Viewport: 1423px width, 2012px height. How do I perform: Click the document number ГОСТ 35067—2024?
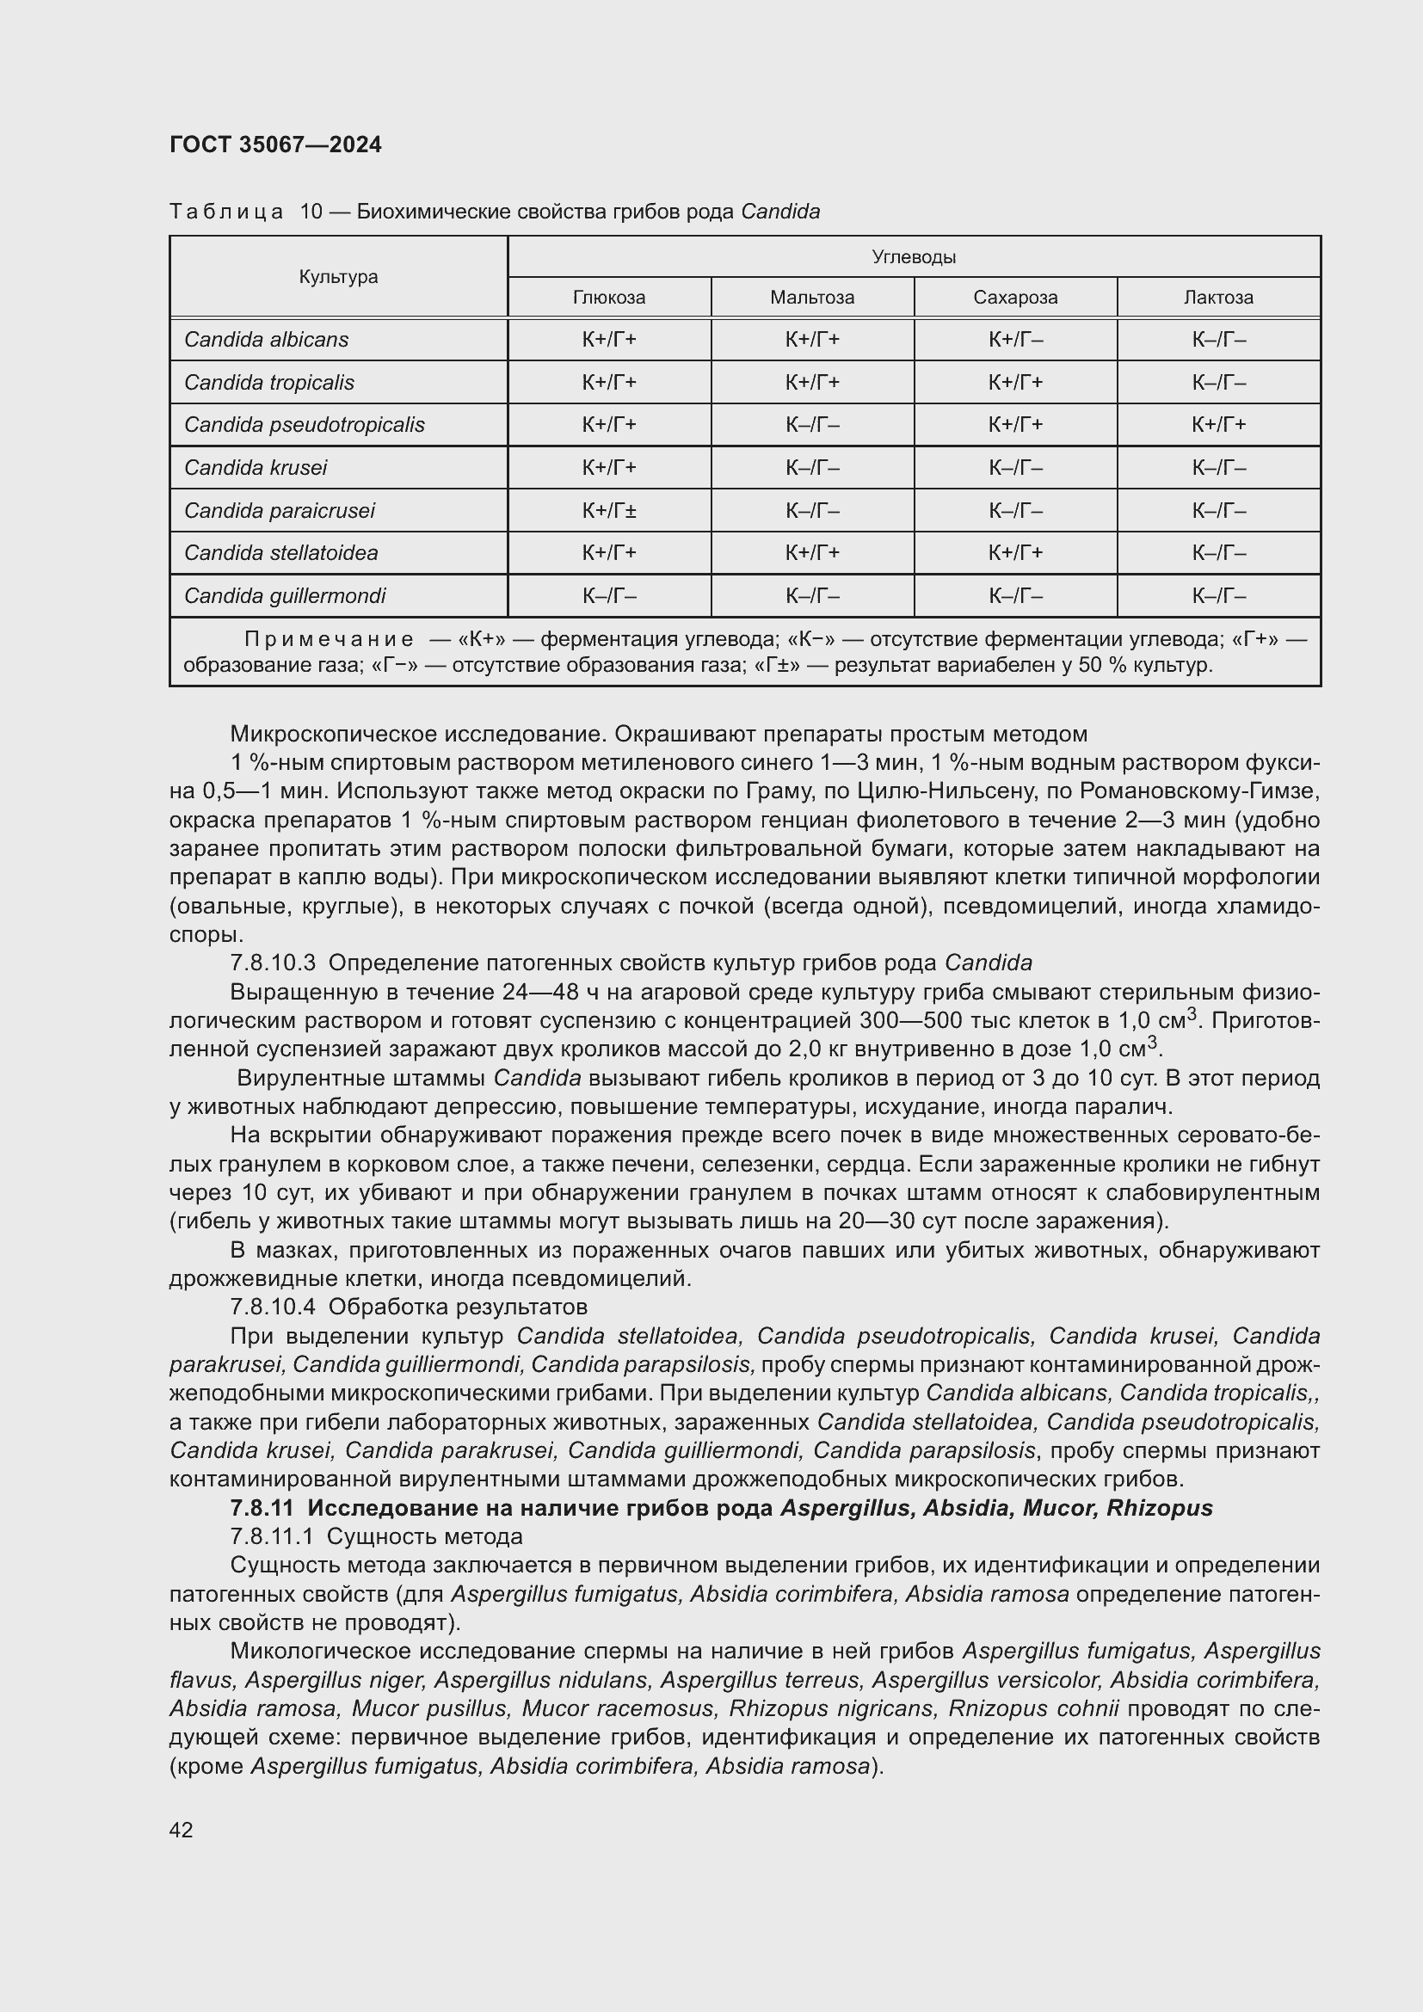click(275, 145)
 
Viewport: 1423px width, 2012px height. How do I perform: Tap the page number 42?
click(182, 1830)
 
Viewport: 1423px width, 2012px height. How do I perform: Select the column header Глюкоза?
click(609, 297)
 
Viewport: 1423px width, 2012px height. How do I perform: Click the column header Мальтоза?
click(812, 297)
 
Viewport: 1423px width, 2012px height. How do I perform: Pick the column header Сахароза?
click(1015, 297)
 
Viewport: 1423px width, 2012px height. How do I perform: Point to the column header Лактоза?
click(1218, 297)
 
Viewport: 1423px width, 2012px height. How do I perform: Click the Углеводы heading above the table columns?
click(914, 256)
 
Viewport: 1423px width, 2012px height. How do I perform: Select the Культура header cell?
click(338, 277)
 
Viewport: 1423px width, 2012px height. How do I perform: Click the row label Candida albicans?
click(267, 339)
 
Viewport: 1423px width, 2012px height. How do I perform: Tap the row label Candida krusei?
click(255, 467)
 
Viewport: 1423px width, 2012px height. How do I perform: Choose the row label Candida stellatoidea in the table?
click(281, 553)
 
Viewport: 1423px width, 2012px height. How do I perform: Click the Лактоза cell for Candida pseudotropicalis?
click(1218, 424)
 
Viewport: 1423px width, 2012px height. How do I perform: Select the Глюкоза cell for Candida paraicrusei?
click(609, 510)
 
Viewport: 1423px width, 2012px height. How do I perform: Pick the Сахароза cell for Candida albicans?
click(1015, 339)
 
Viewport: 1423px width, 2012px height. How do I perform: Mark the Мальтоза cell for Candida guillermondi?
click(812, 596)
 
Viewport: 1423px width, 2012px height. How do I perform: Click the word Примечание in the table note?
click(329, 639)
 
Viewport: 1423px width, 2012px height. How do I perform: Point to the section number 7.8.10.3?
click(273, 963)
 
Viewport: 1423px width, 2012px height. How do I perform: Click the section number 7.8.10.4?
click(273, 1307)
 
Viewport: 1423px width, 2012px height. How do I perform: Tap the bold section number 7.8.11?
click(263, 1508)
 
